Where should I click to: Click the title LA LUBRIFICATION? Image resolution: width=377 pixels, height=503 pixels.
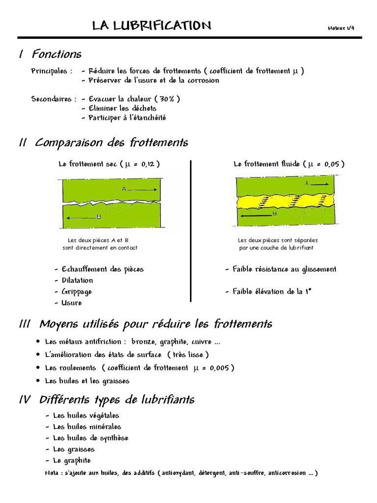[152, 26]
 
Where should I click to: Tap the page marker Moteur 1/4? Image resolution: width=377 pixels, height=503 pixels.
[341, 28]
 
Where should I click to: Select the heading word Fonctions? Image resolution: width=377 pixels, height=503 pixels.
[57, 54]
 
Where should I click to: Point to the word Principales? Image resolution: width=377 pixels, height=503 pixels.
[49, 71]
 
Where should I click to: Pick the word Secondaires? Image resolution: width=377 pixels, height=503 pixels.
[51, 99]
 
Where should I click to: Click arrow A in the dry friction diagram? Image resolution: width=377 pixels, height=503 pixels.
[139, 189]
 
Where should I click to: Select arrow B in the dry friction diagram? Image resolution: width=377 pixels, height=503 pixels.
[84, 217]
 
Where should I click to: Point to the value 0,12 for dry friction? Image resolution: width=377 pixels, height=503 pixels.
[148, 164]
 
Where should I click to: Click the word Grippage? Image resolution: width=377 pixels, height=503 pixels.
[77, 292]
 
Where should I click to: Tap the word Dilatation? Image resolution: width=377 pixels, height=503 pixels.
[77, 280]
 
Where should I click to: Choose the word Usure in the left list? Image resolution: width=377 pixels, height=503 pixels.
[72, 303]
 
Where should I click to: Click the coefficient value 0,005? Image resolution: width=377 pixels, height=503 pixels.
[216, 368]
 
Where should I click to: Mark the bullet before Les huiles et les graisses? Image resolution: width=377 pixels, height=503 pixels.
[38, 381]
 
